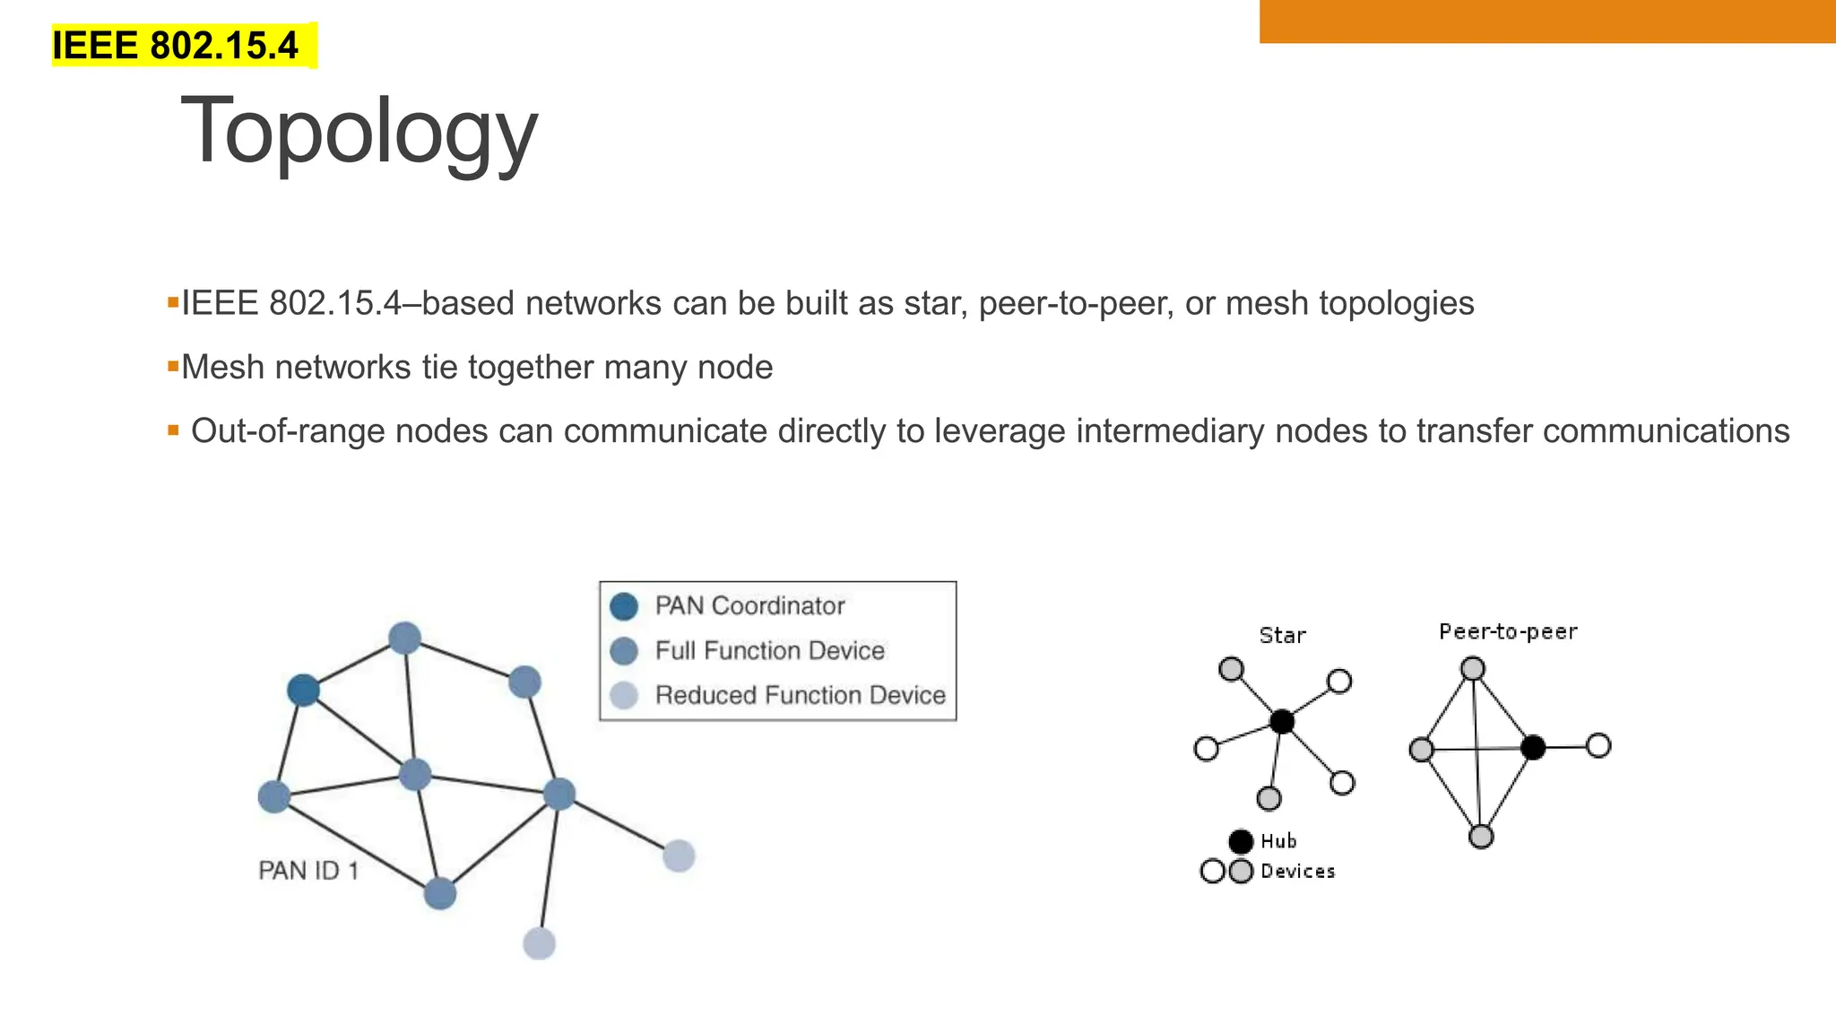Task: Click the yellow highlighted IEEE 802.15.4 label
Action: point(176,46)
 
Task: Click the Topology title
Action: point(359,132)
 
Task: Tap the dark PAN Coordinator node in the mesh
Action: point(303,690)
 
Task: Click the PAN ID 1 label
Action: point(308,871)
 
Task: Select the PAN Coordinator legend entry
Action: point(749,606)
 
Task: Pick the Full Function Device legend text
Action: point(769,651)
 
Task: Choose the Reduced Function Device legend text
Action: point(800,695)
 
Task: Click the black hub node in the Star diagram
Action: point(1282,721)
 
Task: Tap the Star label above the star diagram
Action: point(1282,636)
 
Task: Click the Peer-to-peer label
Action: point(1508,632)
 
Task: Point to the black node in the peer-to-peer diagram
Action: point(1533,747)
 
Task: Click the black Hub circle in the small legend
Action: point(1241,841)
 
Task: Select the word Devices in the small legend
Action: point(1297,872)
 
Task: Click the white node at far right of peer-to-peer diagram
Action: point(1598,745)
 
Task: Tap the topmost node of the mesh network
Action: point(405,638)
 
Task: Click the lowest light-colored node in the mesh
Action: point(539,943)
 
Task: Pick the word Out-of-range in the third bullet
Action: point(286,431)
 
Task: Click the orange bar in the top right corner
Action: point(1547,21)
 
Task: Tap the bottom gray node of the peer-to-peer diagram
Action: point(1481,837)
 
